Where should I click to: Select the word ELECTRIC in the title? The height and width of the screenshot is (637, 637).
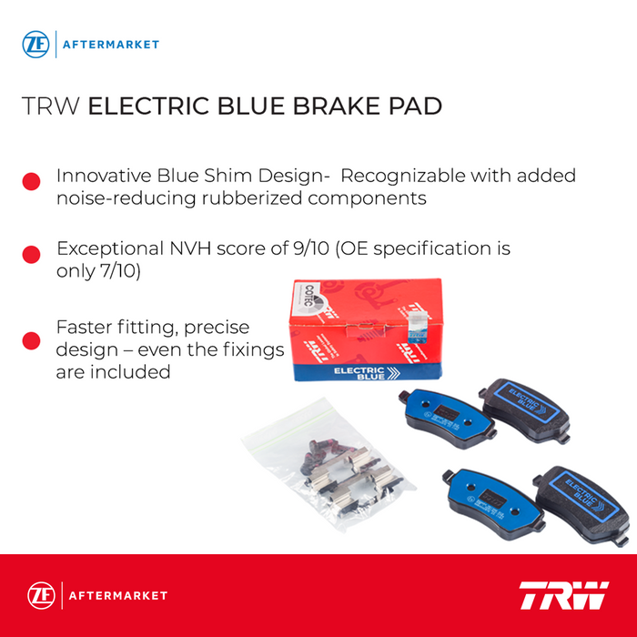point(151,106)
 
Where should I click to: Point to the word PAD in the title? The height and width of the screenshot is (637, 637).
point(417,106)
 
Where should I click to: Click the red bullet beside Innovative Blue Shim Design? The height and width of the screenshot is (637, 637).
point(32,181)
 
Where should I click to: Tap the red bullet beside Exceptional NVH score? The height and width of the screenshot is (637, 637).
point(32,256)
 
